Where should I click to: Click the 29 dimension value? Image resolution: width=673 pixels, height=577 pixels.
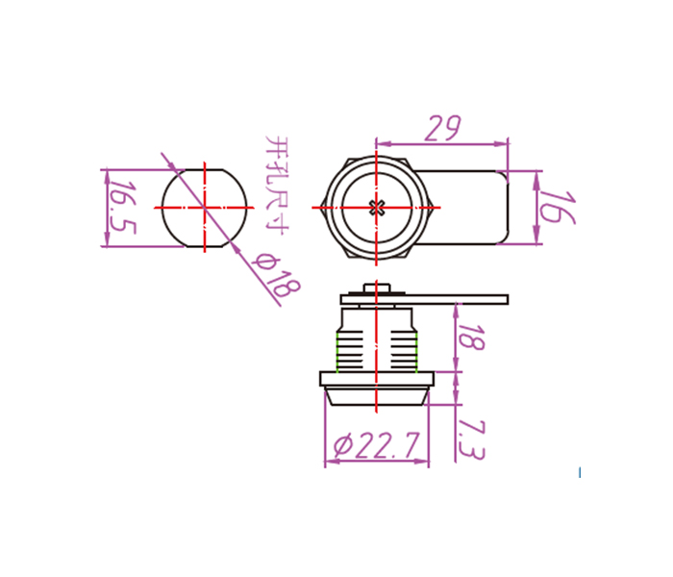(442, 128)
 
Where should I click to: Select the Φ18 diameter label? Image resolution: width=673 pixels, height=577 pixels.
(276, 275)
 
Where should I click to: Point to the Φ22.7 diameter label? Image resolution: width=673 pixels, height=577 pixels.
(376, 445)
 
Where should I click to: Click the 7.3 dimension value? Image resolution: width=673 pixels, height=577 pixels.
(471, 440)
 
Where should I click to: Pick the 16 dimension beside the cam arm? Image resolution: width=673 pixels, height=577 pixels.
(557, 208)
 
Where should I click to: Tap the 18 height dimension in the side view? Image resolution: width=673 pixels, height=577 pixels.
(472, 338)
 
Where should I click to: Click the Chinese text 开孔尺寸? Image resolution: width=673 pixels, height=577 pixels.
(277, 186)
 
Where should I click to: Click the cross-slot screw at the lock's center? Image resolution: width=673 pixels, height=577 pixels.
(377, 208)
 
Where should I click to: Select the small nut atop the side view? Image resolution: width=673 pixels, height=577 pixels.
(377, 288)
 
